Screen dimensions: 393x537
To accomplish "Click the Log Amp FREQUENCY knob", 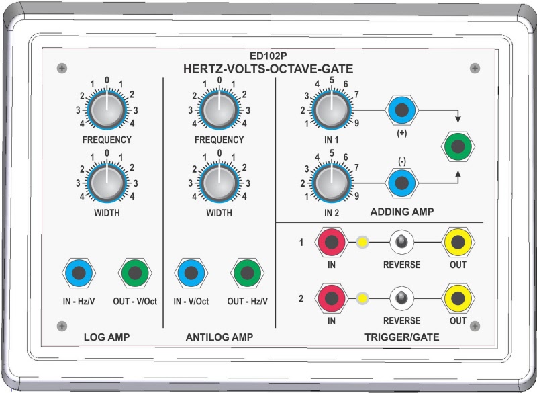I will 107,110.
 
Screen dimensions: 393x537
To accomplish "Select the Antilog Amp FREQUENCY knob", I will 218,110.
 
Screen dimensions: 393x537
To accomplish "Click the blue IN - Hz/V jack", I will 79,273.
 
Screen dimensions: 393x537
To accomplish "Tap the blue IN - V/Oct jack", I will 191,273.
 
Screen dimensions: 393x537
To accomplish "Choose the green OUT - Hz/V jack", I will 247,273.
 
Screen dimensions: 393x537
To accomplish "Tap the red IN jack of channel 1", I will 332,243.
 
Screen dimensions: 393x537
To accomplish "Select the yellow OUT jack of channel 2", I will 458,298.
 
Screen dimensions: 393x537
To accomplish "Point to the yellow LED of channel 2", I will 363,298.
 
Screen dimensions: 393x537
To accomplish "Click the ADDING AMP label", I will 401,212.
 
